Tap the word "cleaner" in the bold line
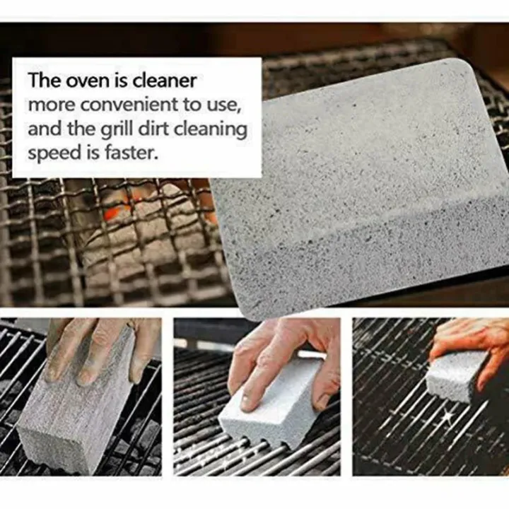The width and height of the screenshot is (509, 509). point(162,81)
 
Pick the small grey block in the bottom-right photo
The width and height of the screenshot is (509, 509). point(456,375)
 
